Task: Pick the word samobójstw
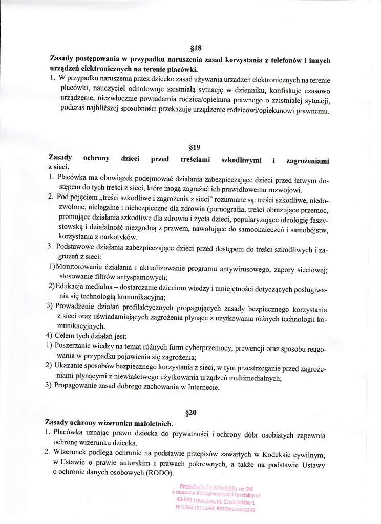coord(307,229)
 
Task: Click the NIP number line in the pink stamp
coord(217,509)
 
